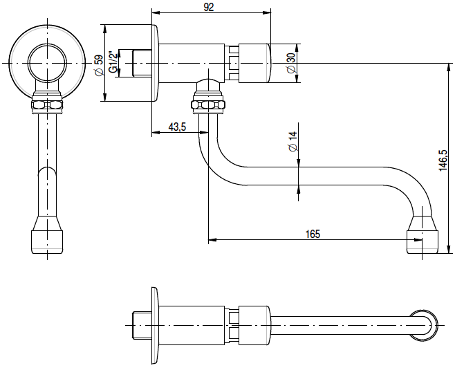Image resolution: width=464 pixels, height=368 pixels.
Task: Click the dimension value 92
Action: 210,7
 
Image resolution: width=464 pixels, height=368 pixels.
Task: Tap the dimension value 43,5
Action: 177,127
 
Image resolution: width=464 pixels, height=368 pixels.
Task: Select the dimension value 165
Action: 313,234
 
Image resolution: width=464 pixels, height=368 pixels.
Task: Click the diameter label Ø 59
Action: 98,63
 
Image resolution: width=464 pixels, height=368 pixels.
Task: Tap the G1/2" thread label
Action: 113,63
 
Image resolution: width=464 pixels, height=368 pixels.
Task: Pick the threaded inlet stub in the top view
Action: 140,325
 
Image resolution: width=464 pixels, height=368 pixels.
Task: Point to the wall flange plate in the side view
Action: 156,63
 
